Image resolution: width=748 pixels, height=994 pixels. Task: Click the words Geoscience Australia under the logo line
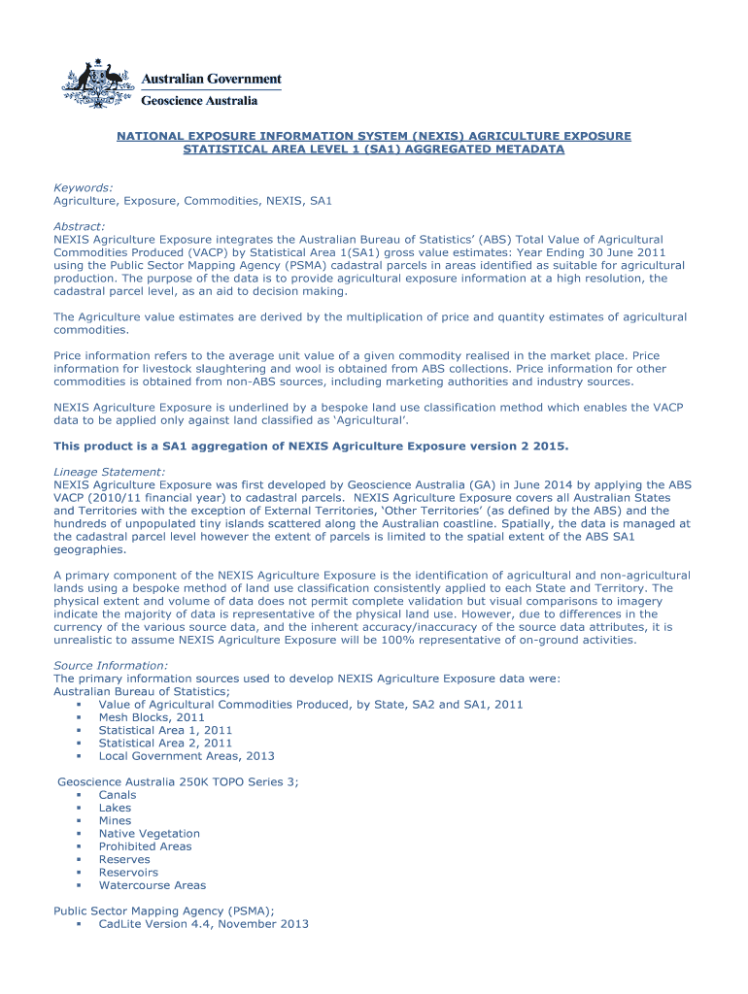coord(200,100)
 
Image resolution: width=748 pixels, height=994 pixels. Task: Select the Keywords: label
coord(83,187)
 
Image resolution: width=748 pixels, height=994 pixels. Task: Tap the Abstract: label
coord(79,226)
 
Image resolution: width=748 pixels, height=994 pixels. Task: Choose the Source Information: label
coord(110,665)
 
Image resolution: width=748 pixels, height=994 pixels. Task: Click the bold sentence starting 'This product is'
coord(311,446)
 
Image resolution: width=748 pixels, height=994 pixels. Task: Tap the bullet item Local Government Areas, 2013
coord(187,755)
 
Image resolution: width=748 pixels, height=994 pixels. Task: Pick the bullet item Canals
coord(118,795)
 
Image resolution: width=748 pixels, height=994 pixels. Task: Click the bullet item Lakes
coord(115,808)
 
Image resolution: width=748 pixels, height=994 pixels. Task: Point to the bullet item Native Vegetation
coord(149,833)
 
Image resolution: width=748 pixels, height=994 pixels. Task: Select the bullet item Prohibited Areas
coord(145,846)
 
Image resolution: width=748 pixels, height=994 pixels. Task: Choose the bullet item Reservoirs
coord(128,872)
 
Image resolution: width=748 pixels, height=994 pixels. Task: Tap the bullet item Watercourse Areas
coord(152,885)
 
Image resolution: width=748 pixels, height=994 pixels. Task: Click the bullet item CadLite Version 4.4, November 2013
coord(203,924)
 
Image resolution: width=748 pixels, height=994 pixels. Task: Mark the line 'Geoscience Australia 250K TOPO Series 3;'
coord(179,781)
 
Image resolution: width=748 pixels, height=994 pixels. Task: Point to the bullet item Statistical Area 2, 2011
coord(165,743)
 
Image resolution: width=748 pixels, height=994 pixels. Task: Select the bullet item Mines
coord(115,820)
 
